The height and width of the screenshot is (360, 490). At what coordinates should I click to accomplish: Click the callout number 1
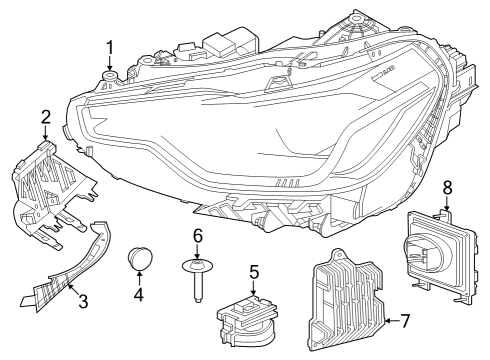pyautogui.click(x=110, y=46)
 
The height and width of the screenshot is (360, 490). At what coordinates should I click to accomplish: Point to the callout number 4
pyautogui.click(x=139, y=295)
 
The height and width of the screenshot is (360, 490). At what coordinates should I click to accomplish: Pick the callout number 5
pyautogui.click(x=254, y=270)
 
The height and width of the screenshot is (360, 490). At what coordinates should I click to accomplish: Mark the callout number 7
pyautogui.click(x=405, y=321)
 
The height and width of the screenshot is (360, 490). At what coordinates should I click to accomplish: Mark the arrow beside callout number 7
pyautogui.click(x=388, y=321)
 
